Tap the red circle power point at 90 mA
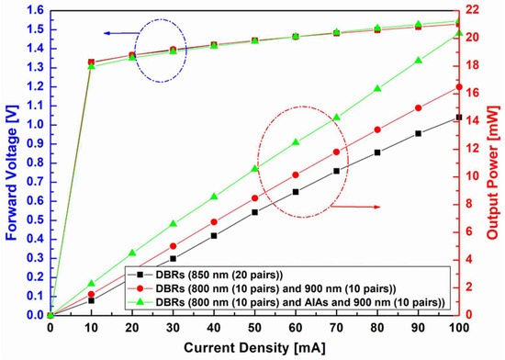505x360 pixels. (418, 107)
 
